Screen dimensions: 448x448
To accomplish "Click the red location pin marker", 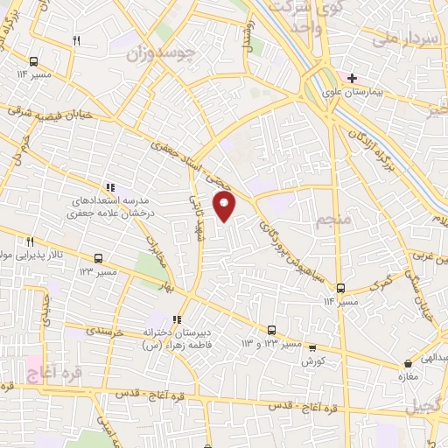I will point(226,206).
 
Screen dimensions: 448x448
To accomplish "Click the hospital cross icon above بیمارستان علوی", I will point(352,78).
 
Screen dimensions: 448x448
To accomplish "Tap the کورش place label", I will point(314,361).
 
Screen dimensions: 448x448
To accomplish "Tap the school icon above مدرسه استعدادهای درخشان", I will point(109,186).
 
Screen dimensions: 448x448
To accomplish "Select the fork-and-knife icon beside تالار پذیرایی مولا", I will point(29,241).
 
